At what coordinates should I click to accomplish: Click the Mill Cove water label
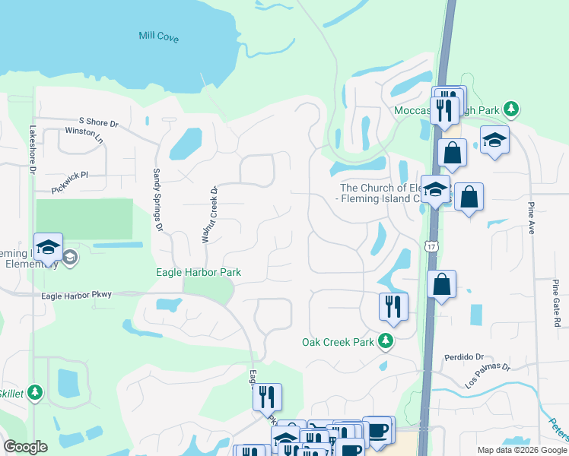pos(159,36)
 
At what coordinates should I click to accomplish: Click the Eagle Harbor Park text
pos(198,272)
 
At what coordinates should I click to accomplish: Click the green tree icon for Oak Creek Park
pos(386,341)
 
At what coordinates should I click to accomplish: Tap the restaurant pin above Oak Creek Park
pos(393,306)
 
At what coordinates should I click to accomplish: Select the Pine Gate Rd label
pos(557,303)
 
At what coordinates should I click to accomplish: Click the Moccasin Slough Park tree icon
pos(513,109)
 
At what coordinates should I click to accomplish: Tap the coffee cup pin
pos(378,430)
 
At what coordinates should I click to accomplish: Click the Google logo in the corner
pos(25,447)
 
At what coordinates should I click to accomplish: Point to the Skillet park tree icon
pos(35,392)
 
